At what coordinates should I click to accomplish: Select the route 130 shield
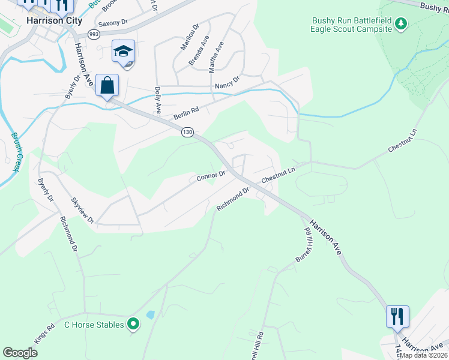[188, 131]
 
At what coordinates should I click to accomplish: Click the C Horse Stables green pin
[133, 325]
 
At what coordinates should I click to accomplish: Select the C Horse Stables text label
[94, 325]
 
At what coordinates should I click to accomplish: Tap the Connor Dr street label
[210, 176]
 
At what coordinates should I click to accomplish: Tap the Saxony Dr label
[113, 23]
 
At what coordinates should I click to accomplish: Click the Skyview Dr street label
[83, 211]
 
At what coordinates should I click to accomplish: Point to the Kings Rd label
[41, 334]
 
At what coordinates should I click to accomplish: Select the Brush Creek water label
[14, 152]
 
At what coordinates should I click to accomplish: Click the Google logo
[20, 352]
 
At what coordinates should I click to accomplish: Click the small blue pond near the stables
[149, 314]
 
